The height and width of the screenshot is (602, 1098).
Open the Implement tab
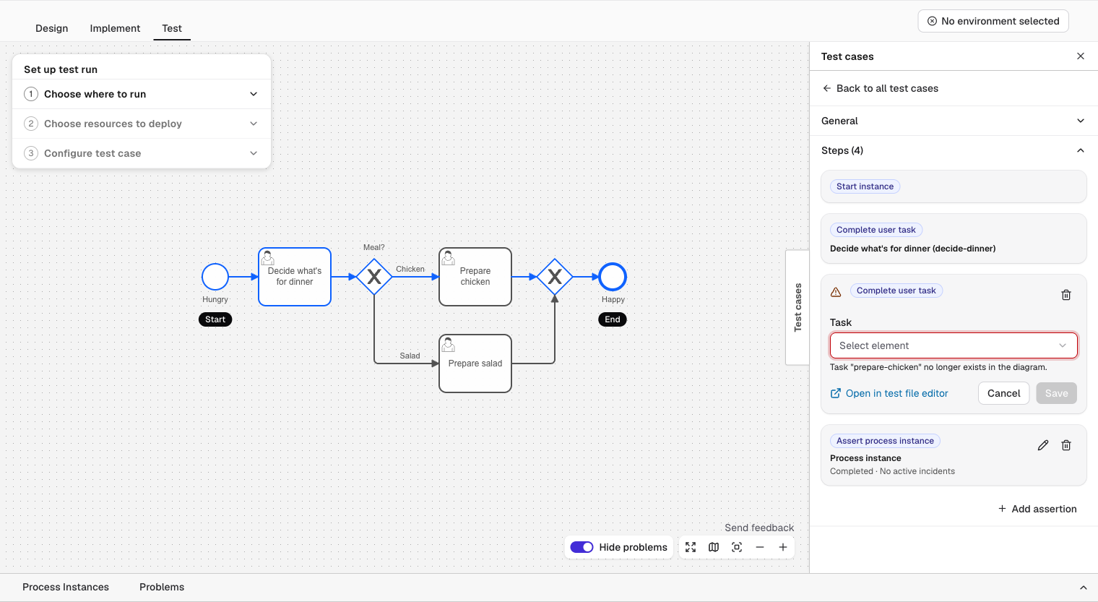click(x=115, y=28)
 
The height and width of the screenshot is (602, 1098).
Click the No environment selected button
click(x=993, y=21)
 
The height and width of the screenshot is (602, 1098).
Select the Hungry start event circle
click(x=215, y=277)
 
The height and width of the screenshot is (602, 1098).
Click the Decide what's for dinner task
click(x=295, y=277)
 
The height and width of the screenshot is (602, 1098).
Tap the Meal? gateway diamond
click(x=374, y=277)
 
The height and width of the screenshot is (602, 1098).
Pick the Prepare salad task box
click(x=475, y=364)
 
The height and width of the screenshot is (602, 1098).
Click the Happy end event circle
click(x=613, y=277)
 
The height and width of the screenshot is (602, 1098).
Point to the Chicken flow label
click(x=410, y=269)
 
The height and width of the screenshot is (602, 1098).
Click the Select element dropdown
click(x=954, y=345)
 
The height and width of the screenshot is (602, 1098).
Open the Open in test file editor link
click(x=889, y=393)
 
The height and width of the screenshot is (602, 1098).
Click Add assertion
click(x=1037, y=509)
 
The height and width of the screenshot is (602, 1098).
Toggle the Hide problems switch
click(x=582, y=547)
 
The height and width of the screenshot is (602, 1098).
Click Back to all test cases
click(x=880, y=88)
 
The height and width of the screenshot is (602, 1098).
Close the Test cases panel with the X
click(x=1081, y=56)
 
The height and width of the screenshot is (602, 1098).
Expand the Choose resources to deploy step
click(x=141, y=124)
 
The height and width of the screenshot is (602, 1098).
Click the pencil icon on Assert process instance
click(x=1043, y=445)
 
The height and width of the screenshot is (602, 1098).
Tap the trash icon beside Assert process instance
click(x=1066, y=445)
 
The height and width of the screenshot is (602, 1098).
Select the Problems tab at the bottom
click(x=162, y=587)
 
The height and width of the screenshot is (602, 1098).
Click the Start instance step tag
click(x=865, y=186)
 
